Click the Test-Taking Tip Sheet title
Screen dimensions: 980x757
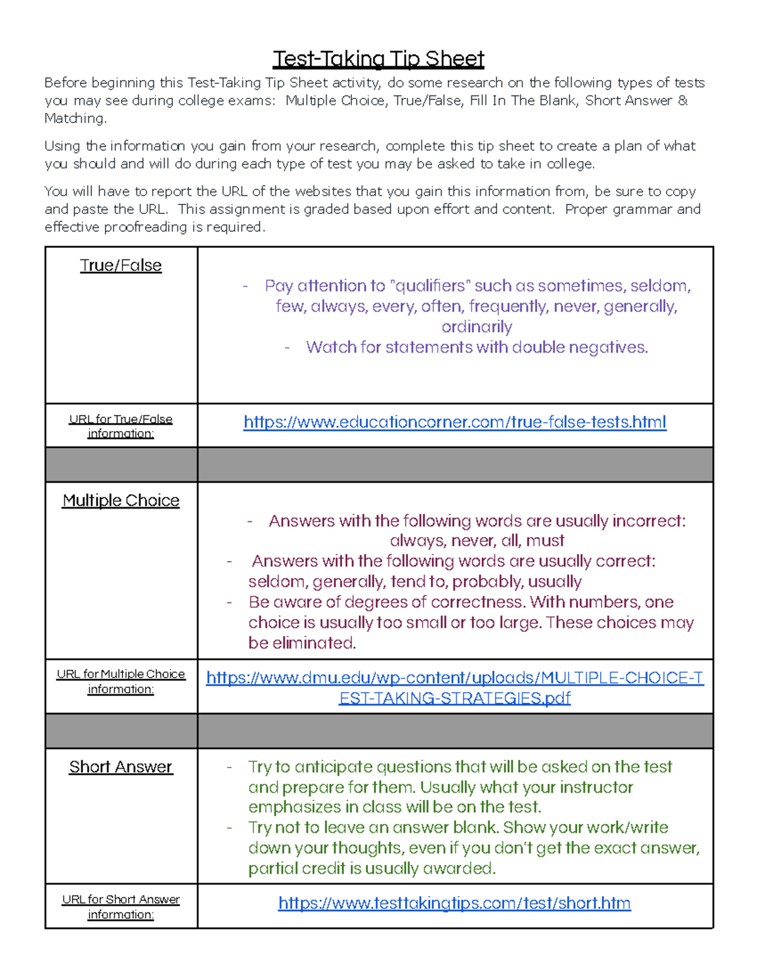point(378,59)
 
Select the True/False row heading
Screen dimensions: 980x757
point(120,266)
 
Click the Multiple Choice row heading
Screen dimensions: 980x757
point(120,500)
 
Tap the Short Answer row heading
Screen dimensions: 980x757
point(120,767)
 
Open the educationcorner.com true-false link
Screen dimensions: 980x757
point(455,422)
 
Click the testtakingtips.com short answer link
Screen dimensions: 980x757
point(454,903)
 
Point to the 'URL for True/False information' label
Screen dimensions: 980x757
point(120,426)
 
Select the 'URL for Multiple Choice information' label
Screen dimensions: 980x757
point(120,682)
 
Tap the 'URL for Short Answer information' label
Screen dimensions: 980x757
point(120,907)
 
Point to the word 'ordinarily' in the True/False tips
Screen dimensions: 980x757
point(477,327)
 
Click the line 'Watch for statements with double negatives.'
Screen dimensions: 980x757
point(477,348)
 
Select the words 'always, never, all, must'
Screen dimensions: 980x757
point(477,541)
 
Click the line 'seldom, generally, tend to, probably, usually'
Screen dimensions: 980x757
point(414,581)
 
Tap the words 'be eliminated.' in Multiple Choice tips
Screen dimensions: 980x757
point(302,643)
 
